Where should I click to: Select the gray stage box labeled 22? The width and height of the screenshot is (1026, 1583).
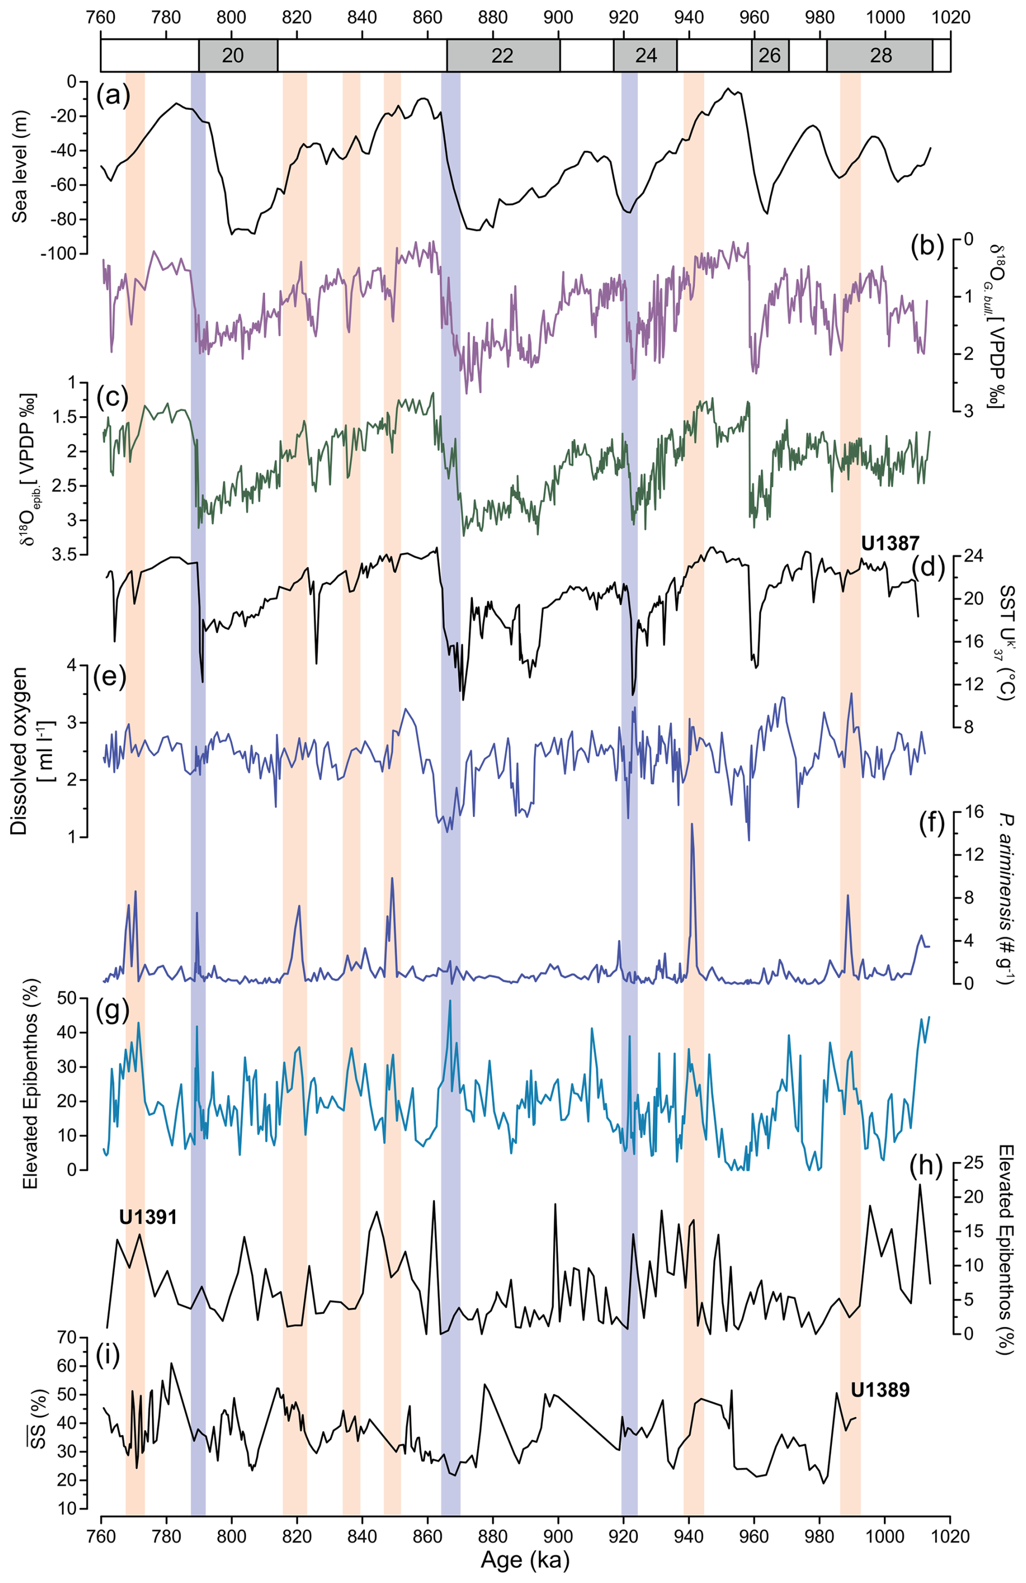click(503, 55)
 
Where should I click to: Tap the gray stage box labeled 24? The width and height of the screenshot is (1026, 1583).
click(645, 55)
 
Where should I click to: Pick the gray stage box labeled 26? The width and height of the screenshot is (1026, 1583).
click(769, 55)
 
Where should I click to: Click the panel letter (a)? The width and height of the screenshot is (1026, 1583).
click(112, 97)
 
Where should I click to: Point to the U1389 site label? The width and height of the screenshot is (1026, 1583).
click(880, 1389)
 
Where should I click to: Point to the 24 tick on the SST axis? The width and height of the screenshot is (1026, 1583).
click(972, 557)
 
